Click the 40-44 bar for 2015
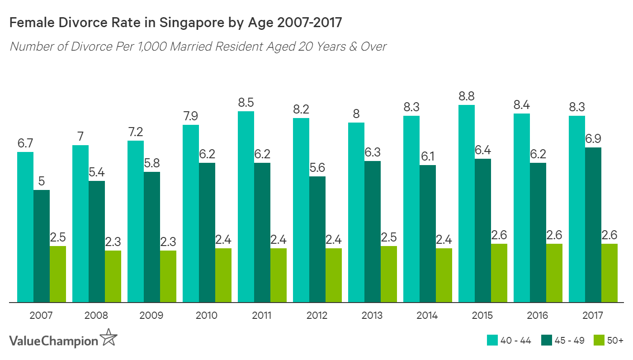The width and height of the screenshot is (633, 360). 467,204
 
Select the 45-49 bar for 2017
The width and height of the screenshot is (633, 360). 593,225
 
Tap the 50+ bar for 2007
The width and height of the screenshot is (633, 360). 58,274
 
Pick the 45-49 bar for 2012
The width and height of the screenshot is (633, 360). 317,239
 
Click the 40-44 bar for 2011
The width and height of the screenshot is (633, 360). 246,207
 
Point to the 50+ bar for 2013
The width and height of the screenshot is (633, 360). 389,274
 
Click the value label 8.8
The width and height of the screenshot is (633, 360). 467,96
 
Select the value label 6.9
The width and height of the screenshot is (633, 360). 593,139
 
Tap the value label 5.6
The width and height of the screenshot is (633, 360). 317,168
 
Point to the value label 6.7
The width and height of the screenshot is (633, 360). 25,143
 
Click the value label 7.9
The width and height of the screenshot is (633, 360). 191,116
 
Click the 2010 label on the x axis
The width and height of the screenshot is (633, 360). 207,315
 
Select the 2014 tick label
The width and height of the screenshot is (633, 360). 427,315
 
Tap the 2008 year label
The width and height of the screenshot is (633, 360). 96,315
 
